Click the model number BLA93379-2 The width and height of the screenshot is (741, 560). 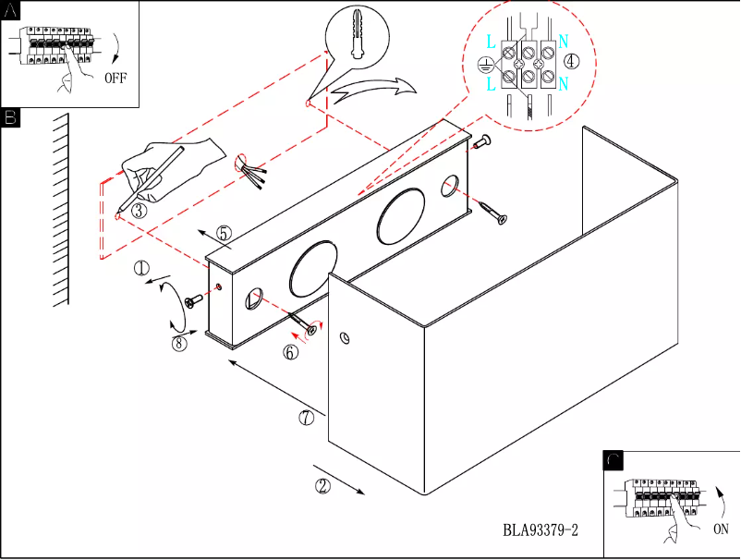pos(541,530)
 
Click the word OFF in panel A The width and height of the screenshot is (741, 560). pos(115,78)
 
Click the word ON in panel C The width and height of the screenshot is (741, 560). pos(722,530)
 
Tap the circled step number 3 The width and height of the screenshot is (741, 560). pos(139,211)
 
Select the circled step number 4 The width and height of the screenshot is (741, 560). pos(572,62)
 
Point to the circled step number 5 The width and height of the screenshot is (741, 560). pos(225,235)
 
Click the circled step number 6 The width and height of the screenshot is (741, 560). pos(290,352)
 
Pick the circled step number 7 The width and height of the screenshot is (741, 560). pos(307,417)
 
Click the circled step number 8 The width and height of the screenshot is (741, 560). pos(179,343)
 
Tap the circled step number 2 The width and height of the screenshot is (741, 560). pos(322,485)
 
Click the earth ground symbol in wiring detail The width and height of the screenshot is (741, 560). pos(482,64)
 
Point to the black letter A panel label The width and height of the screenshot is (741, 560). pos(10,9)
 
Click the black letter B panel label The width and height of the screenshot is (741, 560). pos(10,117)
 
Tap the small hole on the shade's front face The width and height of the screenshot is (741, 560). pos(345,338)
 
